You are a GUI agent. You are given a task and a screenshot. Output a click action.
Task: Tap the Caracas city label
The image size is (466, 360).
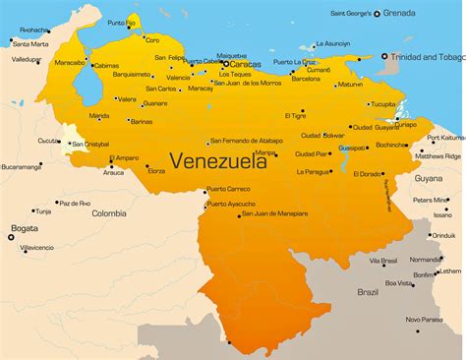pos(245,64)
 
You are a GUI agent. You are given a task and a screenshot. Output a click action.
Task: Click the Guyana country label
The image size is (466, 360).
pos(428,179)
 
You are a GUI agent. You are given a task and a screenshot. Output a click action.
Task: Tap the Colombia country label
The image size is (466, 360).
pos(109,212)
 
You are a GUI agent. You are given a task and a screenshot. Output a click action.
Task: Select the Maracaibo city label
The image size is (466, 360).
pos(70,62)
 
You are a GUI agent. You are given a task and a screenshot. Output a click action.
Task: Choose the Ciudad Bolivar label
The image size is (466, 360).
pos(322,135)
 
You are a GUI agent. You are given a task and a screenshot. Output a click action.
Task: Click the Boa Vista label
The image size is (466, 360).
pos(399,283)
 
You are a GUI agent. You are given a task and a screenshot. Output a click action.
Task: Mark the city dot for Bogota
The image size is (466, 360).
pos(11,236)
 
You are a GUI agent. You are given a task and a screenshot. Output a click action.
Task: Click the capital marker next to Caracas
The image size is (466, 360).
pos(224,64)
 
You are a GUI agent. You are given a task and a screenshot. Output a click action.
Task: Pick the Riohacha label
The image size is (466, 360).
pos(32,30)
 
